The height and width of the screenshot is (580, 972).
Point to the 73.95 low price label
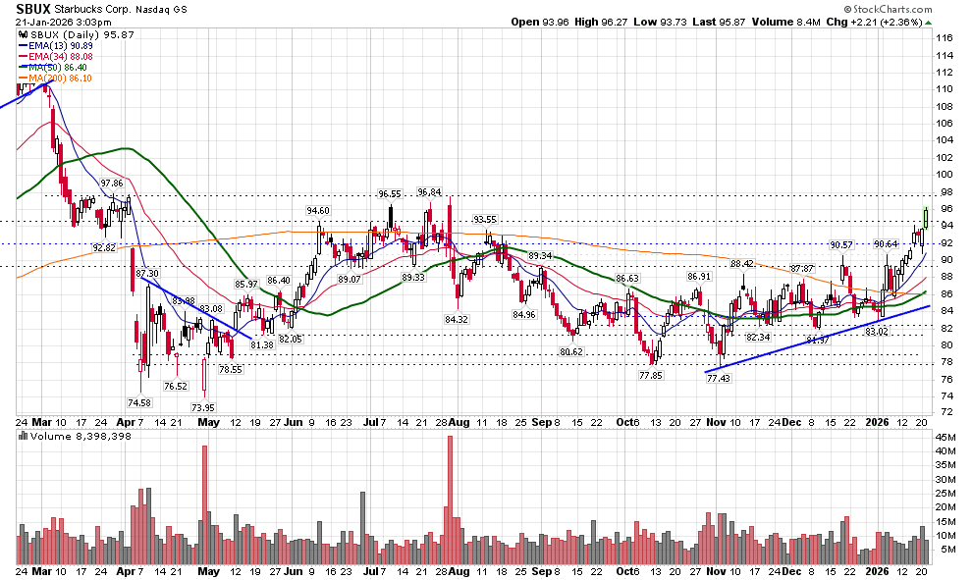click(203, 407)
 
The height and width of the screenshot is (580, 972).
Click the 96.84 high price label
click(429, 192)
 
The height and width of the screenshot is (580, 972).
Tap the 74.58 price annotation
click(139, 402)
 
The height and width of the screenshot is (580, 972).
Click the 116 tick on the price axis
click(945, 37)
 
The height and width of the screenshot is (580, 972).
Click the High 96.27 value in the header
click(629, 21)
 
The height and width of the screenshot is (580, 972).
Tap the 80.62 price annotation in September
click(571, 351)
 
